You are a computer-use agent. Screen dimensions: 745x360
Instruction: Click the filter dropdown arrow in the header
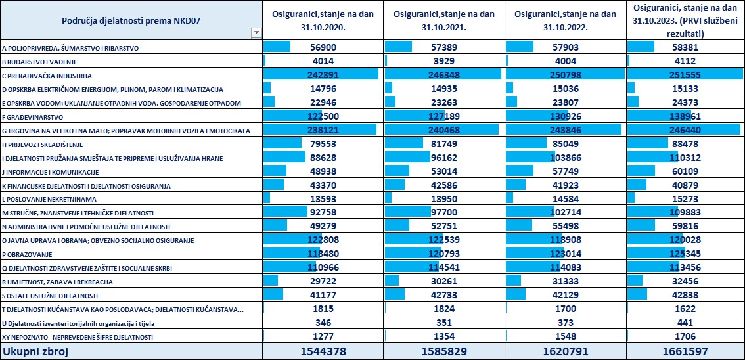point(257,32)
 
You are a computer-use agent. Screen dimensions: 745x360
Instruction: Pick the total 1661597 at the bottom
point(685,351)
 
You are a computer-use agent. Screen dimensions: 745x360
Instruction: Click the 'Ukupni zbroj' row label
point(32,351)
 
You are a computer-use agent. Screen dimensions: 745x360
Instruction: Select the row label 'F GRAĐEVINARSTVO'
point(34,117)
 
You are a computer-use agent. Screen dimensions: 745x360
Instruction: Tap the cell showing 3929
point(444,62)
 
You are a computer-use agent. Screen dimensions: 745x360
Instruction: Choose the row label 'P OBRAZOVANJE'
point(28,255)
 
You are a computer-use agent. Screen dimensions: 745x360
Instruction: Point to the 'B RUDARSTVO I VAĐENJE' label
point(40,62)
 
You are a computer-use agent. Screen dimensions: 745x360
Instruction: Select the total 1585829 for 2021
point(444,351)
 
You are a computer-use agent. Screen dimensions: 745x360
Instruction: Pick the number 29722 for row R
point(323,282)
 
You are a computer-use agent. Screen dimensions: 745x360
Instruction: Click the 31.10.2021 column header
point(444,20)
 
